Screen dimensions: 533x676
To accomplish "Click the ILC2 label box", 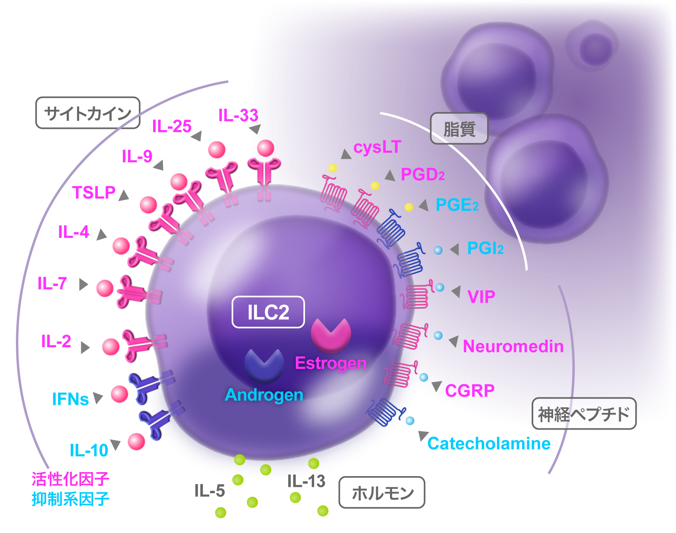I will [x=268, y=312].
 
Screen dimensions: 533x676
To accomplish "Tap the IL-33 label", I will [x=239, y=116].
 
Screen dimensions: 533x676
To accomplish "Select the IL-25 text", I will [x=172, y=126].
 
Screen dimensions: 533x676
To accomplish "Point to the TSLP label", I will [x=94, y=193].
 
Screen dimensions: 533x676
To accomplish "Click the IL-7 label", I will [x=52, y=284].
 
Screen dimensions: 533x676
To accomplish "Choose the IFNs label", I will [x=70, y=399].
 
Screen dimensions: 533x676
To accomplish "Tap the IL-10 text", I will [x=89, y=451].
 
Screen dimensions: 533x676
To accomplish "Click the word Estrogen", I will [x=330, y=363].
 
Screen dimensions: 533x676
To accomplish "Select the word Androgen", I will [x=264, y=395].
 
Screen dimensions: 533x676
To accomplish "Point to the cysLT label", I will [x=377, y=148].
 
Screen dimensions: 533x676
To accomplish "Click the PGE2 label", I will [x=457, y=205].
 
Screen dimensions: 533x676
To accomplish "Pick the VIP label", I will [x=481, y=297].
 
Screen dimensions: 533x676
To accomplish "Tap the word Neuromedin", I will [x=513, y=346].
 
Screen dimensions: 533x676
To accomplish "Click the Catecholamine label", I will [x=489, y=444].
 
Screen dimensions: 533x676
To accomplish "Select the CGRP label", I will [x=470, y=391].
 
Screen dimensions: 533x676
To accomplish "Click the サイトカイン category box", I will [x=88, y=113].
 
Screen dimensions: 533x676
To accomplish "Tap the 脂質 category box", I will [x=459, y=129].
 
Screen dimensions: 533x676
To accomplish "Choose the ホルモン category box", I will [x=382, y=493].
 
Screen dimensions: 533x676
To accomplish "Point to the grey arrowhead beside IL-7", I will [x=83, y=284].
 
